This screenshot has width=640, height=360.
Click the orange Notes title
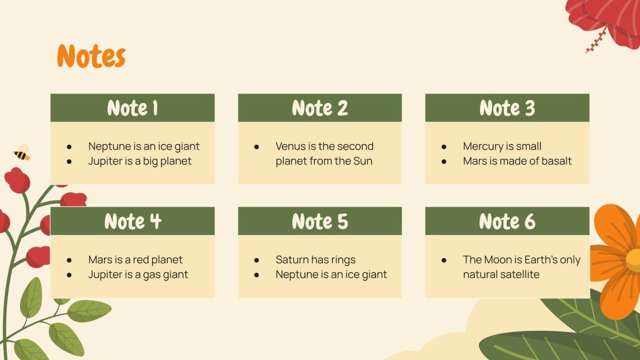click(91, 57)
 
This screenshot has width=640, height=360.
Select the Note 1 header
click(133, 108)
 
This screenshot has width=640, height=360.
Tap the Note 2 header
click(320, 108)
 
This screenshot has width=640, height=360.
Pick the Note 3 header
click(507, 108)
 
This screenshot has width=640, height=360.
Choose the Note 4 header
click(133, 221)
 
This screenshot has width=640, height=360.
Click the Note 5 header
click(320, 221)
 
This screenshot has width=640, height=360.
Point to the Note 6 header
click(507, 221)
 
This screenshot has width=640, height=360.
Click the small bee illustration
click(22, 153)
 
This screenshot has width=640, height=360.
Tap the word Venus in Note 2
click(291, 146)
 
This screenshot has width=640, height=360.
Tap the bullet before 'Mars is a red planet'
click(69, 260)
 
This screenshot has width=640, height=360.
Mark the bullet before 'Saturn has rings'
click(257, 260)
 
